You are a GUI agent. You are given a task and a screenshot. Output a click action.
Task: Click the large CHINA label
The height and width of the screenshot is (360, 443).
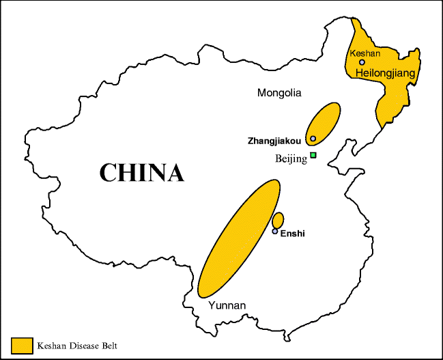pyautogui.click(x=141, y=172)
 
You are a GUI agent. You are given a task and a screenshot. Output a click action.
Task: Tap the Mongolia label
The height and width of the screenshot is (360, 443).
pyautogui.click(x=279, y=92)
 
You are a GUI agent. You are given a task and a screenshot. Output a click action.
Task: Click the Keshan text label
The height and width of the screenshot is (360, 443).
pyautogui.click(x=365, y=53)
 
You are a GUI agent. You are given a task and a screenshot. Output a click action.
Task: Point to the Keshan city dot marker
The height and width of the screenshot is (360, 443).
pyautogui.click(x=362, y=62)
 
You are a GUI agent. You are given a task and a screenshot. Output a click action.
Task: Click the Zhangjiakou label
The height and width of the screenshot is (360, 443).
pyautogui.click(x=276, y=140)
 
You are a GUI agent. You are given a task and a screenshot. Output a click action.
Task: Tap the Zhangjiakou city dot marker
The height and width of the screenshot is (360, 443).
pyautogui.click(x=313, y=139)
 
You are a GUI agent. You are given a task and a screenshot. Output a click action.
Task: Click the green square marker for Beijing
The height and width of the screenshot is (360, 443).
pyautogui.click(x=313, y=156)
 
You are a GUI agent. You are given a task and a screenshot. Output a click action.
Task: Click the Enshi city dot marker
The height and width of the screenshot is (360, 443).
pyautogui.click(x=275, y=232)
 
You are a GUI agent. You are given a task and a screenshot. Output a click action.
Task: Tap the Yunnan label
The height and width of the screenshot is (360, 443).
pyautogui.click(x=227, y=305)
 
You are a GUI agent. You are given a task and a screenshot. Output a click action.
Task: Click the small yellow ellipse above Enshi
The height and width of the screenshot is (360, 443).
pyautogui.click(x=278, y=221)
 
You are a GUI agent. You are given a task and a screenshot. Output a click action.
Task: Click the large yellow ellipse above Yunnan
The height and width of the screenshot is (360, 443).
pyautogui.click(x=239, y=238)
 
